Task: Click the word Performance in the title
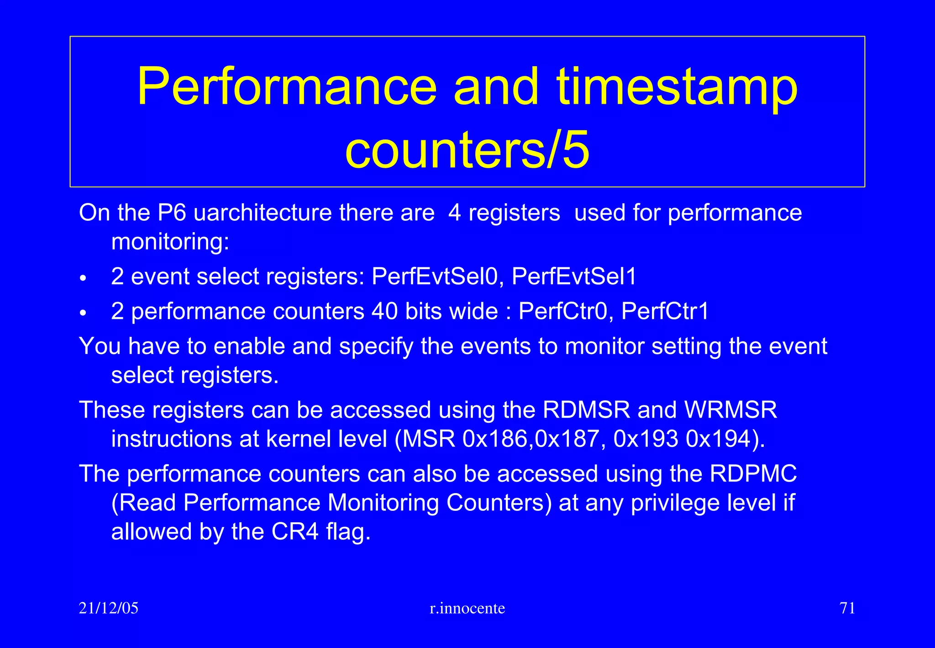(x=287, y=87)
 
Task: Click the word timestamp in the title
(x=678, y=87)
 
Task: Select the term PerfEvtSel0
(x=434, y=276)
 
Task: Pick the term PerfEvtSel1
(x=574, y=276)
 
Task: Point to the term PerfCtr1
(x=665, y=311)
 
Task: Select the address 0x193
(x=646, y=439)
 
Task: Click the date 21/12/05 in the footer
(x=108, y=608)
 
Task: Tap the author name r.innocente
(x=467, y=608)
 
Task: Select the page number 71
(x=847, y=608)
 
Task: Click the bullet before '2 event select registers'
(x=83, y=278)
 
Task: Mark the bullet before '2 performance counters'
(x=83, y=313)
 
